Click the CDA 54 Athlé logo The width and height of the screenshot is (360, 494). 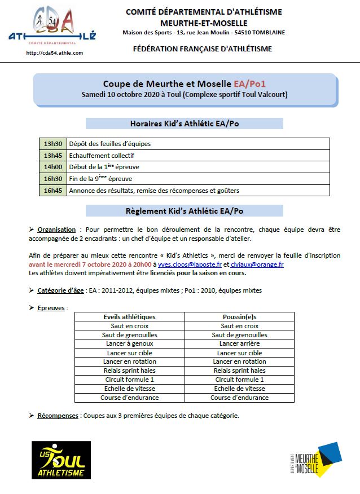[52, 25]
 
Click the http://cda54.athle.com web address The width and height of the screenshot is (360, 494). [55, 53]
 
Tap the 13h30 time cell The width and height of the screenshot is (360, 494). [52, 144]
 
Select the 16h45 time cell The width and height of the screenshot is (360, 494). [52, 191]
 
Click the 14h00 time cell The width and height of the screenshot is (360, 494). [52, 167]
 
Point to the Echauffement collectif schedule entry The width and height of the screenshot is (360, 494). [102, 156]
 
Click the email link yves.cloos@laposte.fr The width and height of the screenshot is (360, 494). [190, 264]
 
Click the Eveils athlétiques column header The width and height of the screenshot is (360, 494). [130, 317]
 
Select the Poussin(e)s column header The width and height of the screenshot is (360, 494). [239, 317]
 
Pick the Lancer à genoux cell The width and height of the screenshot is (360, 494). [130, 344]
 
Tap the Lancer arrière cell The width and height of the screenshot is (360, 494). [239, 344]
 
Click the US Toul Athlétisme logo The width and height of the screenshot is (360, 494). [59, 460]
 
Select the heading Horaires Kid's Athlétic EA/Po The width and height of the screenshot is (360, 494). [185, 123]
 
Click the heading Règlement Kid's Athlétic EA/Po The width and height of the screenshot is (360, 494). [185, 211]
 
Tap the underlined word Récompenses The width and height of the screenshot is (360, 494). [58, 416]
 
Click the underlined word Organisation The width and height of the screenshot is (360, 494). [56, 230]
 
